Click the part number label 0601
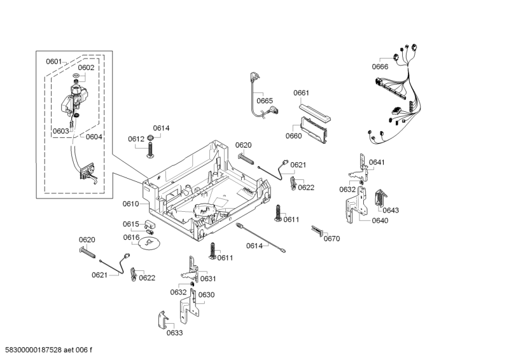click(53, 62)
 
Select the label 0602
click(86, 67)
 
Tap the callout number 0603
click(60, 131)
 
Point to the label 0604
click(94, 137)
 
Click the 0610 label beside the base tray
click(130, 204)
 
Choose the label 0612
click(136, 139)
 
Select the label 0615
click(130, 224)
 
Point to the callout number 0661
click(301, 93)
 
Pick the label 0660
click(293, 135)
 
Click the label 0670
click(331, 239)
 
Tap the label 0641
click(377, 162)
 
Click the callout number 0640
click(379, 221)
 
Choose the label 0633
click(174, 333)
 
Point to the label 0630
click(206, 294)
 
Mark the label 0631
click(208, 279)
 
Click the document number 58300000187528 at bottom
click(48, 350)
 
